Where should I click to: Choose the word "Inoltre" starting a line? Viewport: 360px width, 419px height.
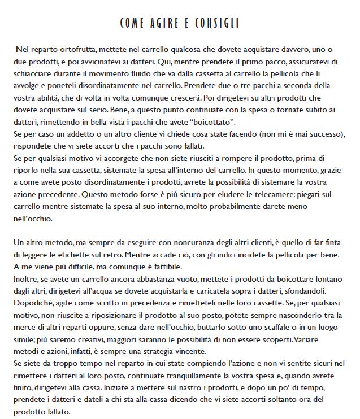[x=24, y=279]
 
